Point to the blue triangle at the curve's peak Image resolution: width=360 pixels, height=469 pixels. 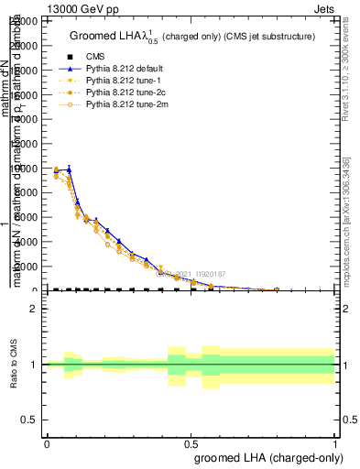pos(69,169)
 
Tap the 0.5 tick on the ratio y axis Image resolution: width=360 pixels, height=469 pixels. pos(30,420)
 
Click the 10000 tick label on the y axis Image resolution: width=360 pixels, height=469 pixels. pos(25,169)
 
